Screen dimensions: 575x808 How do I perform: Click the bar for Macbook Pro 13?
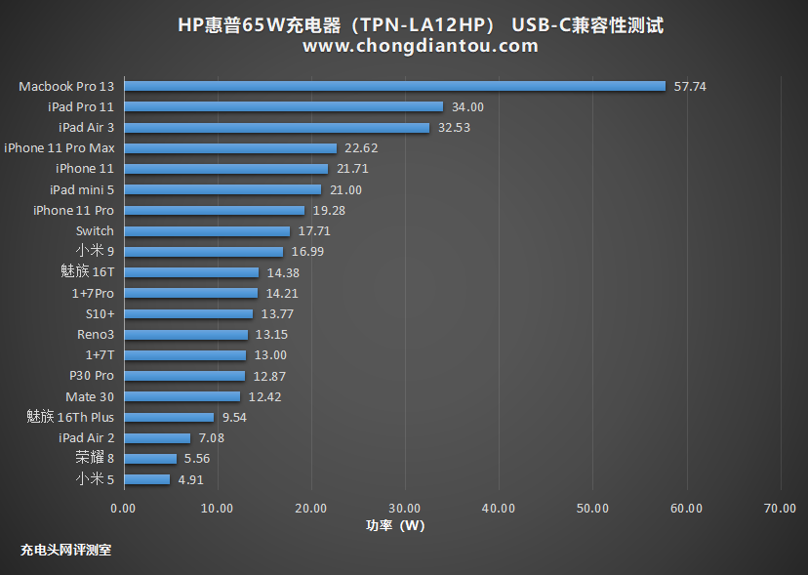pyautogui.click(x=394, y=86)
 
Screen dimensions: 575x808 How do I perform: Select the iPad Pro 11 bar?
pyautogui.click(x=283, y=106)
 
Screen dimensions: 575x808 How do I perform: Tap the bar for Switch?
pyautogui.click(x=207, y=231)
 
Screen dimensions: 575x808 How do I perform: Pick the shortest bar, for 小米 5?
pyautogui.click(x=146, y=479)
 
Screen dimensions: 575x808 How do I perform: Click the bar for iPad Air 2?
pyautogui.click(x=157, y=438)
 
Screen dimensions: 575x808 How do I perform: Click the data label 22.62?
pyautogui.click(x=361, y=148)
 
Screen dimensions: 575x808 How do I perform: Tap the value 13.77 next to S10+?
pyautogui.click(x=277, y=313)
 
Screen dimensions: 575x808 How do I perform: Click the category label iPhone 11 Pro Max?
pyautogui.click(x=59, y=148)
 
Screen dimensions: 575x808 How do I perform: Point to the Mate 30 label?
pyautogui.click(x=90, y=396)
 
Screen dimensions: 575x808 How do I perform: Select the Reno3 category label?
pyautogui.click(x=96, y=334)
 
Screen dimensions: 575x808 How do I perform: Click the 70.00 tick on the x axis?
pyautogui.click(x=780, y=508)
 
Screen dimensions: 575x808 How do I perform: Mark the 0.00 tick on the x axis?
pyautogui.click(x=124, y=508)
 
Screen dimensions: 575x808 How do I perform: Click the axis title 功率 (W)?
pyautogui.click(x=395, y=525)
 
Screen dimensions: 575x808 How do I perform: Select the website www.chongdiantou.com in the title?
pyautogui.click(x=420, y=46)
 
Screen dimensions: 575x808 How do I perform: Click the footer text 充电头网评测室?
pyautogui.click(x=65, y=550)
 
